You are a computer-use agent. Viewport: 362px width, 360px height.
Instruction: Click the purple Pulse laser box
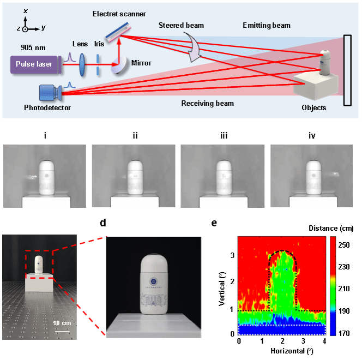(34, 64)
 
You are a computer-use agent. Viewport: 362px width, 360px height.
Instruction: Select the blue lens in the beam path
(82, 63)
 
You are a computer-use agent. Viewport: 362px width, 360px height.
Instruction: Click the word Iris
(99, 44)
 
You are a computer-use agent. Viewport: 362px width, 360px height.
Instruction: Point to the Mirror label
(141, 63)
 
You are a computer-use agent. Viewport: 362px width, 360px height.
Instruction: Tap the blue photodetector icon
(50, 93)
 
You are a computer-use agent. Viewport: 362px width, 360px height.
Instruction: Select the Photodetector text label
(47, 107)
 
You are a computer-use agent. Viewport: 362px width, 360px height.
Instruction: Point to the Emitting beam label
(267, 25)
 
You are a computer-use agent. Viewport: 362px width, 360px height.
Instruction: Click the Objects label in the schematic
(313, 107)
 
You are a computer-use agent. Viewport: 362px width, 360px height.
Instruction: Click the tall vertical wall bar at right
(347, 70)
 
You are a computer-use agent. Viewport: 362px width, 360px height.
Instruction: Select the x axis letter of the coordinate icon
(26, 10)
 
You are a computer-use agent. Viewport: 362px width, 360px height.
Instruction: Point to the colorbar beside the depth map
(333, 285)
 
